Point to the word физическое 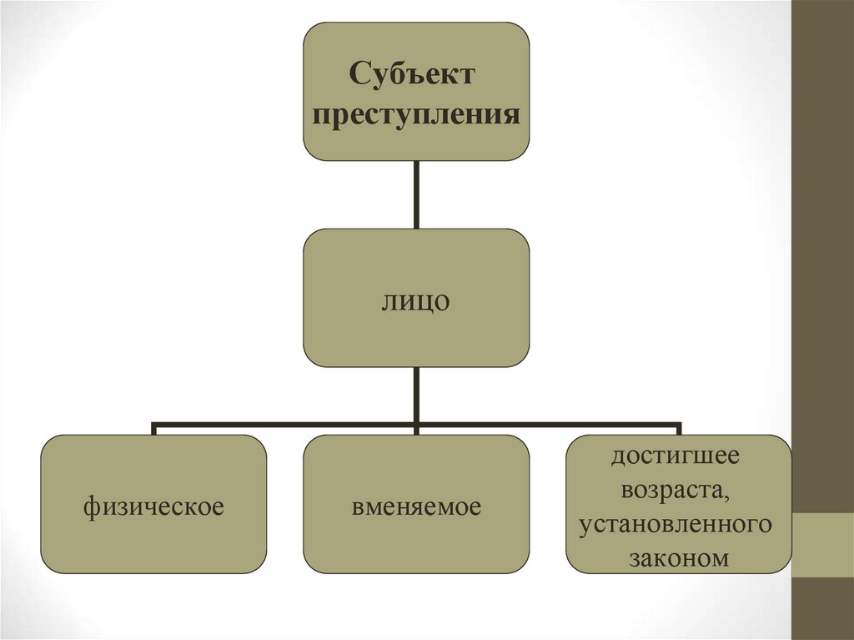(x=153, y=506)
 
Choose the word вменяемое (x=416, y=506)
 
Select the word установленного (x=677, y=525)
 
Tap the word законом (x=677, y=559)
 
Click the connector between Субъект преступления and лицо (x=416, y=194)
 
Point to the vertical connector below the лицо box (x=416, y=395)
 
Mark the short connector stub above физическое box (x=154, y=430)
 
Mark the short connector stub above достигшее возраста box (x=678, y=430)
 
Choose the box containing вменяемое (x=416, y=542)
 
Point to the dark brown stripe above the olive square (x=822, y=250)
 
